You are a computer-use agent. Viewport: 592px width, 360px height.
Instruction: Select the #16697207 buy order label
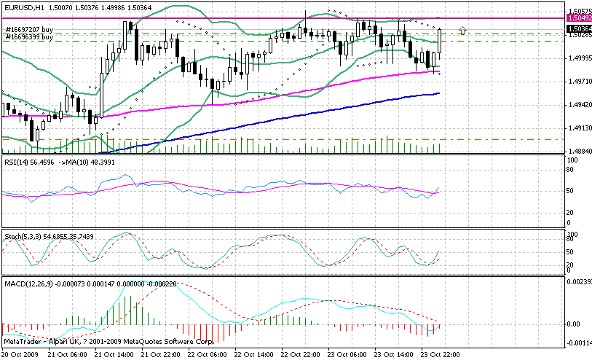tap(29, 29)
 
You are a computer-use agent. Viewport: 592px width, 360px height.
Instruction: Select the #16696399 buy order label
tap(29, 36)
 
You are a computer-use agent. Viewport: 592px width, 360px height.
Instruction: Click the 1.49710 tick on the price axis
tap(578, 83)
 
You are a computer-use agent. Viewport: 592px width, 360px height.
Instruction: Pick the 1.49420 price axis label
tap(578, 106)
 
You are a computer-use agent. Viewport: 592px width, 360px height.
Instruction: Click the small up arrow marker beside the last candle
tap(463, 30)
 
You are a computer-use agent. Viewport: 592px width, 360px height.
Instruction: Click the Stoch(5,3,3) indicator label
tap(22, 238)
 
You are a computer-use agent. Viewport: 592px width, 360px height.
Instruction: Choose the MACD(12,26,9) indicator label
tap(26, 281)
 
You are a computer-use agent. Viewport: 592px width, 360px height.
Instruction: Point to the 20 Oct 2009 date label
tap(20, 353)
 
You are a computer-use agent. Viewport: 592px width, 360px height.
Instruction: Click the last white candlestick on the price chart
tap(441, 43)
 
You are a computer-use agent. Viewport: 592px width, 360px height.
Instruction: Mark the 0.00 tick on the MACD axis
tap(573, 324)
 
